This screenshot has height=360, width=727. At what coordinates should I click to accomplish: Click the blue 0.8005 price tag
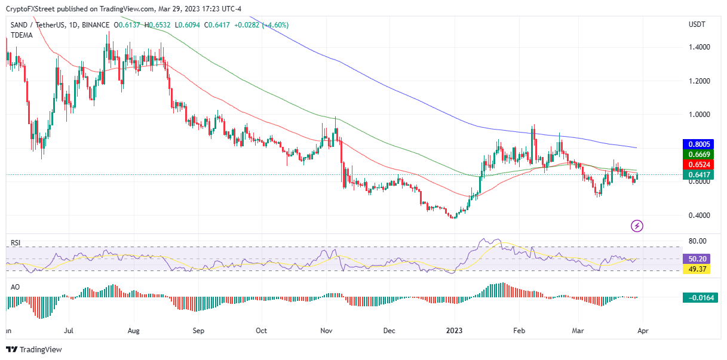pos(700,144)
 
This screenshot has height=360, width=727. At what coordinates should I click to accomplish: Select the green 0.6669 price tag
pos(700,154)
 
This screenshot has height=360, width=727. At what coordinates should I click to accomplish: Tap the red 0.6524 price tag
pos(700,164)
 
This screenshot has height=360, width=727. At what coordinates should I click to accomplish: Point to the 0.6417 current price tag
pos(700,175)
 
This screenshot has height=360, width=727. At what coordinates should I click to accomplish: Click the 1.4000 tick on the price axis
pos(698,47)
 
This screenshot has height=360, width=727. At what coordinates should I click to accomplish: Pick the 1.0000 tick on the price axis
pos(698,115)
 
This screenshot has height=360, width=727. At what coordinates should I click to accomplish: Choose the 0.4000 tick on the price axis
pos(698,216)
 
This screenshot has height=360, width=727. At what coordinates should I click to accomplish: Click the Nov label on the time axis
pos(326,330)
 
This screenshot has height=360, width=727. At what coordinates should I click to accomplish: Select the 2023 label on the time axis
pos(455,330)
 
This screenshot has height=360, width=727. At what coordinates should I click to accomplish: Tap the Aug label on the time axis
pos(133,330)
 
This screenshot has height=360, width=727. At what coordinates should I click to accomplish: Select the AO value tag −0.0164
pos(700,297)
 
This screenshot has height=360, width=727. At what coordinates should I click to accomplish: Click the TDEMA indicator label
pos(22,35)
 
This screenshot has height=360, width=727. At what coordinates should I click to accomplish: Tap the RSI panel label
pos(16,243)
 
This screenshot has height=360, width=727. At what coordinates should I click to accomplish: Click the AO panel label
pos(16,287)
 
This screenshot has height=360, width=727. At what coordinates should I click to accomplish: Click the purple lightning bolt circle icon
pos(637,226)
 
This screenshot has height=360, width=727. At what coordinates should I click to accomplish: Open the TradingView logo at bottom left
pos(34,350)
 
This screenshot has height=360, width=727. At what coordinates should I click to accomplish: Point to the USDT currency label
pos(697,24)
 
